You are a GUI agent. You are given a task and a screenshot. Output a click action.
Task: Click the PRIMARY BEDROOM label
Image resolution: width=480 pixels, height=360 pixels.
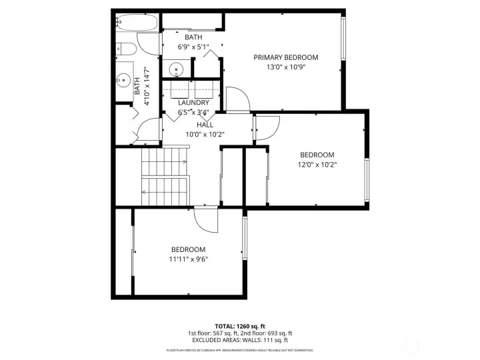285,57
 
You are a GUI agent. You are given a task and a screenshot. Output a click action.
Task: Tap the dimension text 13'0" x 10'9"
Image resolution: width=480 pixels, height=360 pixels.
285,67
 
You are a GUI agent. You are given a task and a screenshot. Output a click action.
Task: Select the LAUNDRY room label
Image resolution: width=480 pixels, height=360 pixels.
193,103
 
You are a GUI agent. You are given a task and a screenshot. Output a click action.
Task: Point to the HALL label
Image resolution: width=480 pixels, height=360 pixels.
205,125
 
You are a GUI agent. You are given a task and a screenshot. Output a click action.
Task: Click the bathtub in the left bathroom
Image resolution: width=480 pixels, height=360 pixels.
137,24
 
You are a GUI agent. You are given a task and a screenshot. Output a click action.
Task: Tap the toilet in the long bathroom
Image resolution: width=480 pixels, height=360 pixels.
125,49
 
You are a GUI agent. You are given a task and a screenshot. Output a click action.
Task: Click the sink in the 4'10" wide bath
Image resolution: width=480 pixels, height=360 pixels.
122,81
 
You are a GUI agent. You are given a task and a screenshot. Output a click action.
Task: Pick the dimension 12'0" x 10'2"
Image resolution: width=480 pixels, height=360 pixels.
316,165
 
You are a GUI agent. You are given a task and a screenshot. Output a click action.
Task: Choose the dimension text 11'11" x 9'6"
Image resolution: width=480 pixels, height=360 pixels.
187,259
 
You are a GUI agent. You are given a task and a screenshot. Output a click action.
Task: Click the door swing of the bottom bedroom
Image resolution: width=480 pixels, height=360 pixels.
206,220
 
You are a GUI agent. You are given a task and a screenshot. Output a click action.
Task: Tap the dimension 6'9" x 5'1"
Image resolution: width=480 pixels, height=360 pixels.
193,47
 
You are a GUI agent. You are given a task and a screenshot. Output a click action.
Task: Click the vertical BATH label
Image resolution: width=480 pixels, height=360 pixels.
137,85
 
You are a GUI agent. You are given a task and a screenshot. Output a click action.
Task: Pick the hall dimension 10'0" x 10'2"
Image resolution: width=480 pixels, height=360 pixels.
205,134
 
